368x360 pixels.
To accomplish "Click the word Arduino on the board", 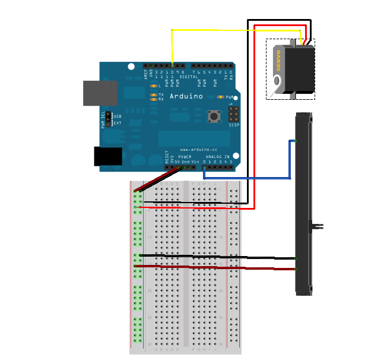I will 186,96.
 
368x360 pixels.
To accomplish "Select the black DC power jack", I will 108,156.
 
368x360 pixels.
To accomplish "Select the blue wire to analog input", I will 249,178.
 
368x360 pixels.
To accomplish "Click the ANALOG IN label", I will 217,156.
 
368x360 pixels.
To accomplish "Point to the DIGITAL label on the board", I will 189,77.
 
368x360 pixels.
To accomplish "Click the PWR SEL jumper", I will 109,119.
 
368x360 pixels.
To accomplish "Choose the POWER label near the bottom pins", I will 185,156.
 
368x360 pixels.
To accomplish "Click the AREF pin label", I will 145,74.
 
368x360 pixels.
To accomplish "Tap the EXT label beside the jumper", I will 118,123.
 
